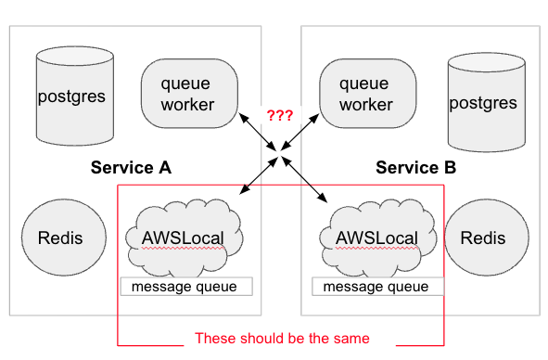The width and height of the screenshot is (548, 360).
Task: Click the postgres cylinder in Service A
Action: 75,96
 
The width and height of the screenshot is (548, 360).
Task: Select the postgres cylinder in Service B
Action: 487,102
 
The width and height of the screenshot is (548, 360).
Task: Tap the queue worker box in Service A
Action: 189,94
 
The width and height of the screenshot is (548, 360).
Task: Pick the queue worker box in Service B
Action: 368,94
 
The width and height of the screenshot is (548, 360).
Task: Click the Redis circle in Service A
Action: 64,238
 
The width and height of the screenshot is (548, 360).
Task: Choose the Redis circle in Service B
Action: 487,238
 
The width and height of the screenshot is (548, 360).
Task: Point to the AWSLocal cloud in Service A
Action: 184,238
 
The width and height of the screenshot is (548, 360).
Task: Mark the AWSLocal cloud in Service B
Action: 377,238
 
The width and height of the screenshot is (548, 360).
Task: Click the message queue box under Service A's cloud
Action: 186,287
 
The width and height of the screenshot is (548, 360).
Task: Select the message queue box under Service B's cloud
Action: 377,287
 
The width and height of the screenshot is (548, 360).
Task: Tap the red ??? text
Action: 280,115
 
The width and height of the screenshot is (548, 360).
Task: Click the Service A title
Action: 131,167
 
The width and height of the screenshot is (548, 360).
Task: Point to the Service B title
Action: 416,167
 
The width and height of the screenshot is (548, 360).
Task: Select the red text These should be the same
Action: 282,339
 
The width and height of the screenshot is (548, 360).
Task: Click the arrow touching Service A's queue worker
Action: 258,132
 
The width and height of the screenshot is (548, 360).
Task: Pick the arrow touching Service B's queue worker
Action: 300,132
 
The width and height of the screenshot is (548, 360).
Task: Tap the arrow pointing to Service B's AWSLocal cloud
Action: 304,179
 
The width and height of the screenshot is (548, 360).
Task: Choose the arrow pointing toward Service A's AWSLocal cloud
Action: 259,175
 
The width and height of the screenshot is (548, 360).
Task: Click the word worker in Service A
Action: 187,105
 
